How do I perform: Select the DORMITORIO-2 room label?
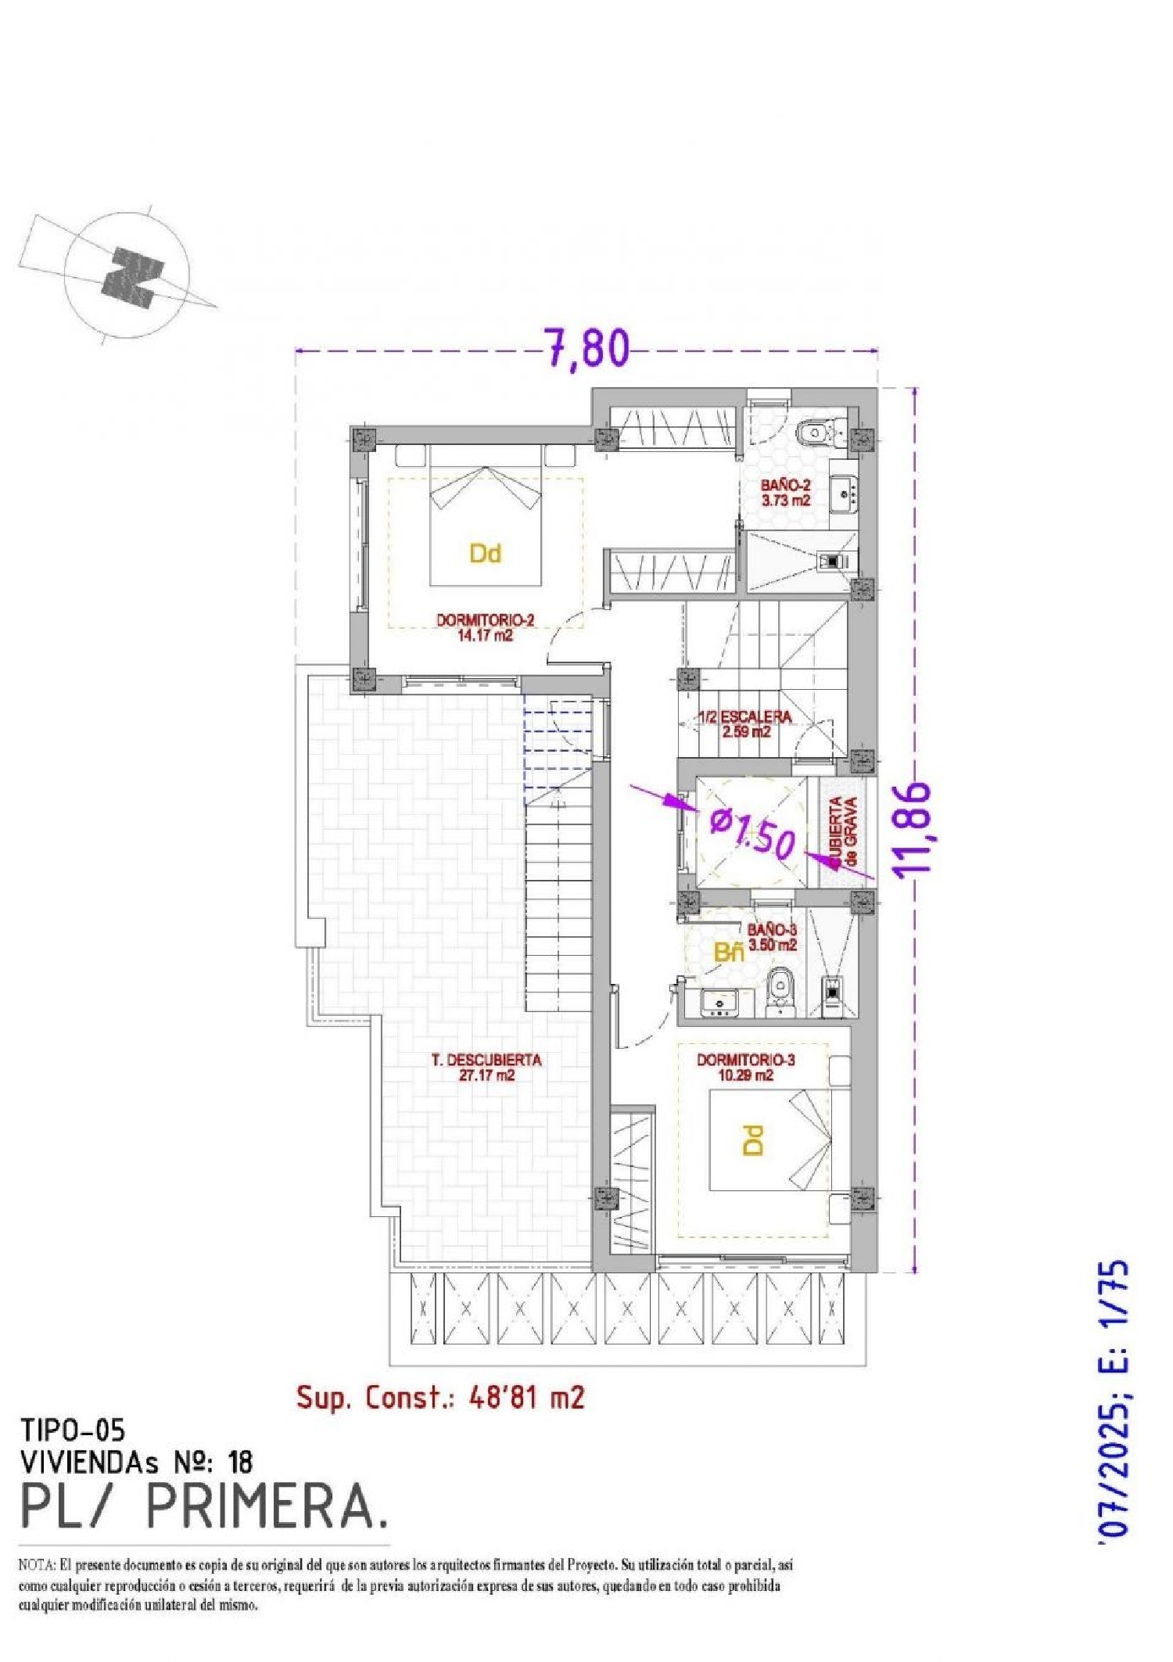(485, 627)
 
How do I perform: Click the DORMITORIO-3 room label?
(745, 1068)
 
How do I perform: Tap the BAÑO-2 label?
(786, 493)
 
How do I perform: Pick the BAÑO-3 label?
(772, 937)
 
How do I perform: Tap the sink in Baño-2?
(844, 494)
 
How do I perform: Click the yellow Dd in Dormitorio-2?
(485, 554)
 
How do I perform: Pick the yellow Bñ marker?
(729, 952)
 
